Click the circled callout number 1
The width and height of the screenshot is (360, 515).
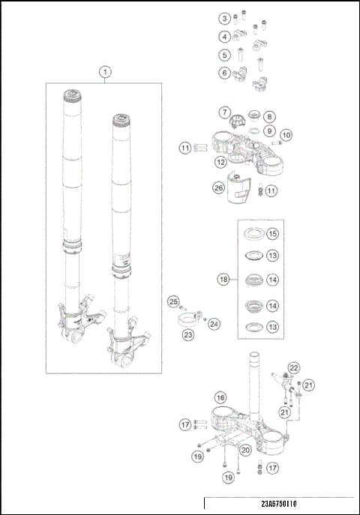[105, 71]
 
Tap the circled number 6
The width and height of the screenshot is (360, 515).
[224, 73]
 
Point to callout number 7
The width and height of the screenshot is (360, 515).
[224, 112]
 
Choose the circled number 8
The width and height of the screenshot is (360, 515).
[269, 117]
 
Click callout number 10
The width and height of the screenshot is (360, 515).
[286, 135]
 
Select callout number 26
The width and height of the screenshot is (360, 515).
[219, 189]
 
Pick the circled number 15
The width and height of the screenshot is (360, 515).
[272, 234]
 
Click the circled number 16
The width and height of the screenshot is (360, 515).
[220, 397]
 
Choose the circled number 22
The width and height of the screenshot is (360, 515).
[294, 367]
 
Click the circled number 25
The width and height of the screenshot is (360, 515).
[173, 301]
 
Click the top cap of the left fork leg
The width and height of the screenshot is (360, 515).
[75, 95]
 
